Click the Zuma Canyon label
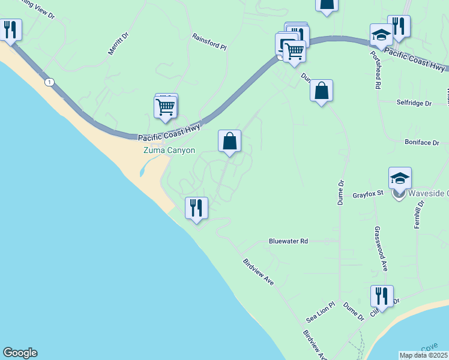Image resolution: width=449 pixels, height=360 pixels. [169, 150]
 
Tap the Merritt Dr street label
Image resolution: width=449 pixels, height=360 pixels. [118, 44]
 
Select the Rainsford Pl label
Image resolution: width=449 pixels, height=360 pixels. [209, 41]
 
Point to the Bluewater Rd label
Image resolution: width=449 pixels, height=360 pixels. [288, 241]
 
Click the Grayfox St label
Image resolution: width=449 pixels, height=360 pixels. [367, 195]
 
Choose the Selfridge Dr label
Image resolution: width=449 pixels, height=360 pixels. [414, 103]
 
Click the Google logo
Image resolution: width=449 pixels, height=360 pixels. [20, 353]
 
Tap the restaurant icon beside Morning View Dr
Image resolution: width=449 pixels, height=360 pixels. [10, 30]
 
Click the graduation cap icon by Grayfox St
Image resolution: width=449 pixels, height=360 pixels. [400, 178]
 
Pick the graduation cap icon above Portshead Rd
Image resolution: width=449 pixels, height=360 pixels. [381, 35]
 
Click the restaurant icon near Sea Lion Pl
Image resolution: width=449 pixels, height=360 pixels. [382, 296]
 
